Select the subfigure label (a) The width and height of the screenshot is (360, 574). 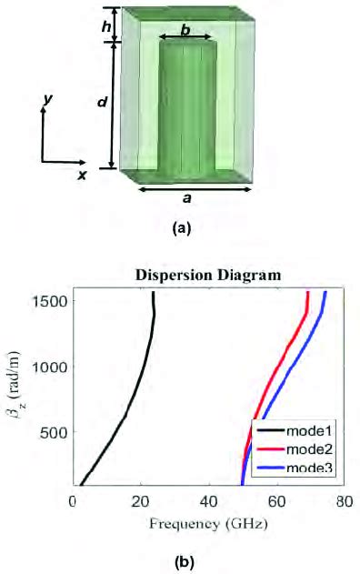(182, 228)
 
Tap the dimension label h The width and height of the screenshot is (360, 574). (105, 27)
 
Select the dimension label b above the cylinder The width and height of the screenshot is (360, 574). (185, 30)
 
